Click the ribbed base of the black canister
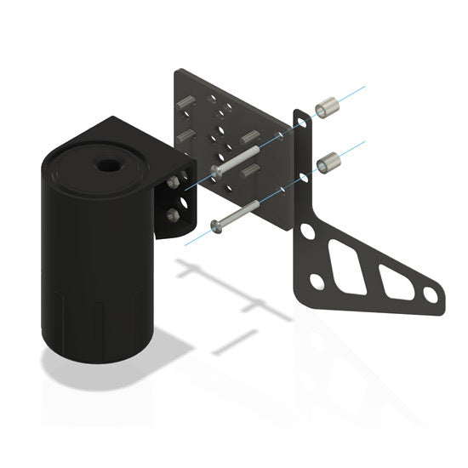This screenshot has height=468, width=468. pyautogui.click(x=94, y=328)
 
